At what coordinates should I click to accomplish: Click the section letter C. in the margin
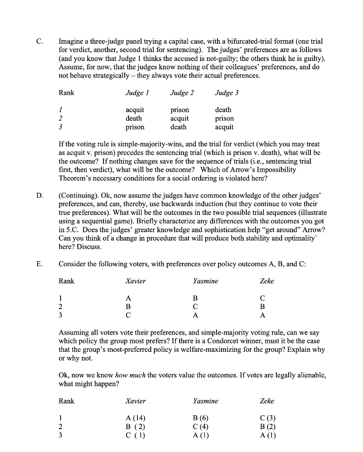(39, 41)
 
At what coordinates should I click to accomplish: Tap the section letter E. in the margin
(39, 264)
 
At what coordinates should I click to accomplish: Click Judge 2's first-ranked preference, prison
(180, 110)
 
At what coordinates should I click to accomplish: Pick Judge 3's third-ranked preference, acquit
(224, 127)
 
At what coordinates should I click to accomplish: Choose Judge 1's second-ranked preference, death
(134, 118)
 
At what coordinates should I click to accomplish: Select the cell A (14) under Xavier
(135, 418)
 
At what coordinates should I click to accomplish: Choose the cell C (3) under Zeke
(268, 418)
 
